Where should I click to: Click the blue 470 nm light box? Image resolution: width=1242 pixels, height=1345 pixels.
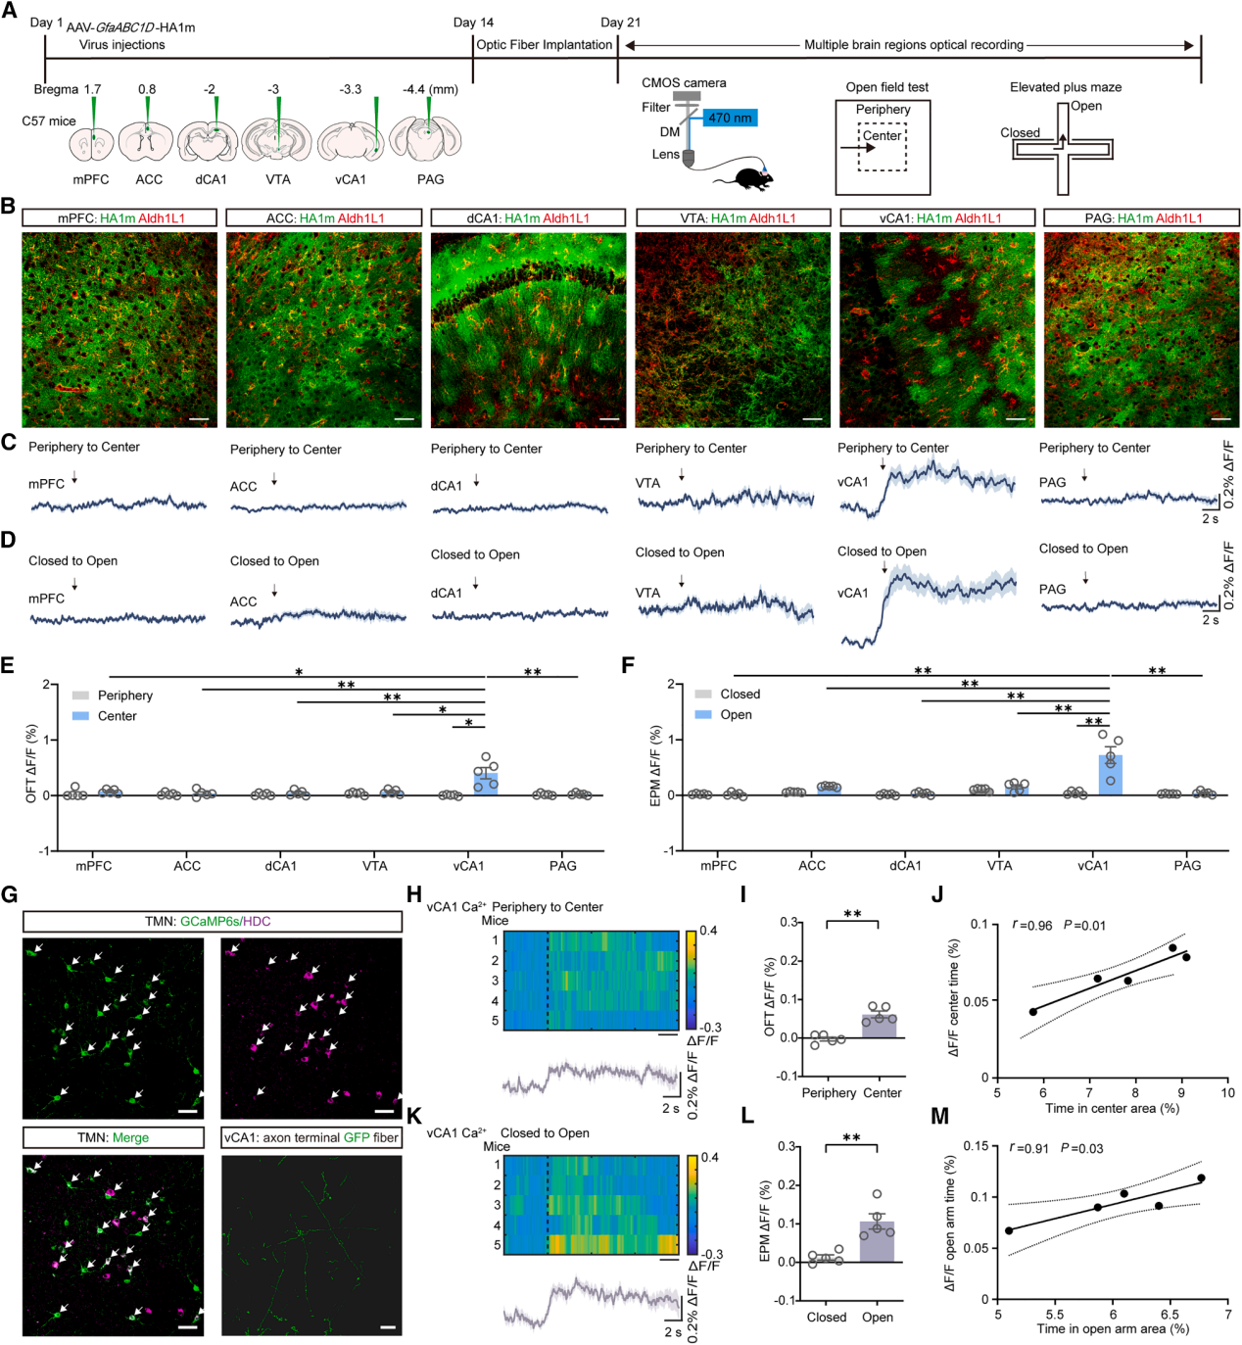point(730,118)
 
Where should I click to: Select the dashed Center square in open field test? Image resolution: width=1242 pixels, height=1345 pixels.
point(883,147)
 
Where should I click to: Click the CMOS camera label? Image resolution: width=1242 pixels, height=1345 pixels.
point(684,83)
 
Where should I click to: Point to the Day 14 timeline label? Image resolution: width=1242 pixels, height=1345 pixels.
point(473,23)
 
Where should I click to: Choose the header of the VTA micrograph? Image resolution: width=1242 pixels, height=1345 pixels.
point(733,217)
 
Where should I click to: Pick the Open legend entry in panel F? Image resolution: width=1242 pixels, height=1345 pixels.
point(724,715)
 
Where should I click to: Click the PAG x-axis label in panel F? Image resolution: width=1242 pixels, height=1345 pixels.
point(1187,866)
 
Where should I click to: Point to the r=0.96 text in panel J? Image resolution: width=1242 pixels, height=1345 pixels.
point(1032,926)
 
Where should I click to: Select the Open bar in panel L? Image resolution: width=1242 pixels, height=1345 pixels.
point(878,1241)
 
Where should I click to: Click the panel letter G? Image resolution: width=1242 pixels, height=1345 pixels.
point(10,894)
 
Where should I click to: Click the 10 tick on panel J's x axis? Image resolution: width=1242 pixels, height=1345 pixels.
point(1227,1093)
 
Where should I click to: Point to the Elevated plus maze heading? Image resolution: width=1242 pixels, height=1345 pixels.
point(1066,87)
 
